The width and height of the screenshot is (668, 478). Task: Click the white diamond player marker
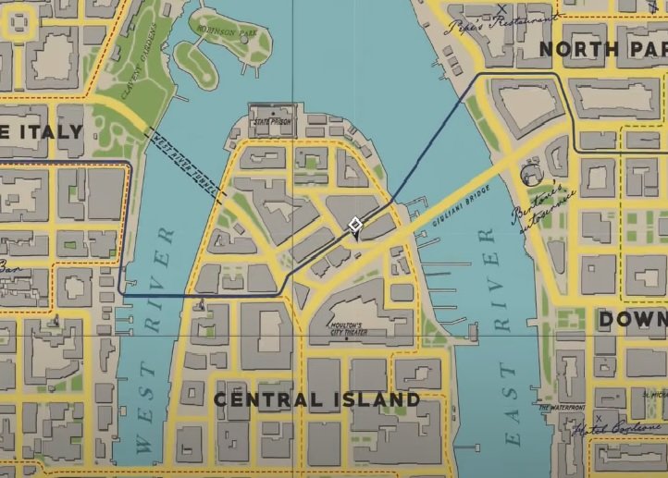click(354, 225)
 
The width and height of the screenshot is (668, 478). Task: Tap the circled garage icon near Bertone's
click(530, 174)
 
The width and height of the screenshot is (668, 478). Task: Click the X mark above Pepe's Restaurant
click(501, 9)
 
